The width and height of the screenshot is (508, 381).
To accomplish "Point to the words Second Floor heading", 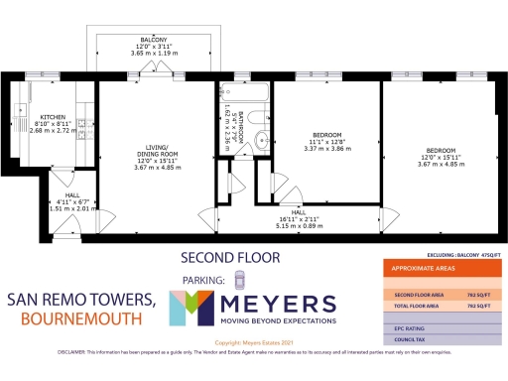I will tap(230, 258).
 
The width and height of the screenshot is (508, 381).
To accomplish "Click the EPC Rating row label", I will tap(410, 326).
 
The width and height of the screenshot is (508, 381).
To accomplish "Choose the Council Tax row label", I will tap(410, 340).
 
